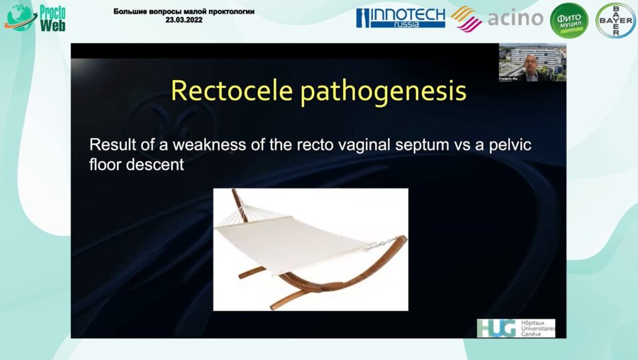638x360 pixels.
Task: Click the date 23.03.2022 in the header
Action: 184,21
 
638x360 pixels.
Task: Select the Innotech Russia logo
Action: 401,18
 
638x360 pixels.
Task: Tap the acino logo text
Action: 515,18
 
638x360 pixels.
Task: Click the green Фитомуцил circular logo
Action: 569,20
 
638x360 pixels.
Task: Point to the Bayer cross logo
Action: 615,20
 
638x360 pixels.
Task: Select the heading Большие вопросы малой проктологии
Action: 184,12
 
